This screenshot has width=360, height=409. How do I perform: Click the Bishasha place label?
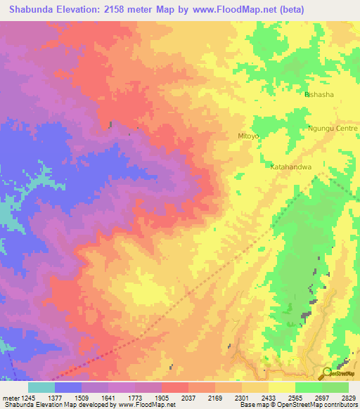(x=319, y=94)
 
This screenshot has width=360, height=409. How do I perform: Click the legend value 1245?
(x=27, y=397)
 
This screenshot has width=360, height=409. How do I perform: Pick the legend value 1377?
(x=55, y=397)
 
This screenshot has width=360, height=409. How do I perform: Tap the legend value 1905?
(x=162, y=397)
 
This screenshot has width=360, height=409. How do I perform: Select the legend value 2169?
(x=215, y=397)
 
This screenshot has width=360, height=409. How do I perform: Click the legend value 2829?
(x=347, y=397)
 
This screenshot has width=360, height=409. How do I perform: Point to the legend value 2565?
(x=295, y=397)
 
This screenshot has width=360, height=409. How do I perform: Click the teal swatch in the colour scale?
(x=41, y=387)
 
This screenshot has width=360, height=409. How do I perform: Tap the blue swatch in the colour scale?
(x=68, y=387)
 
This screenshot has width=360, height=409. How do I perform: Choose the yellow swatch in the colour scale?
(x=282, y=387)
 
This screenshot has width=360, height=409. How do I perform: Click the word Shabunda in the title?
(x=32, y=10)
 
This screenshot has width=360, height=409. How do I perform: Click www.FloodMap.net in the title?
(x=268, y=10)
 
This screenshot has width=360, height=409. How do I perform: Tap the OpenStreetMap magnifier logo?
(x=328, y=374)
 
